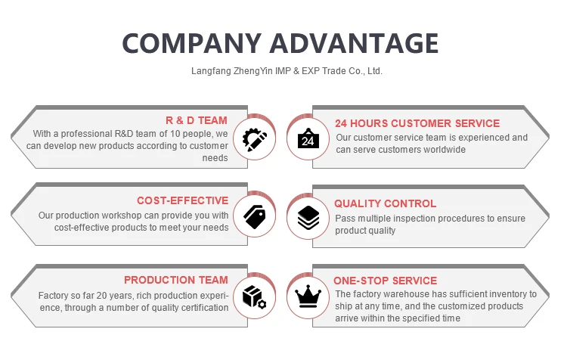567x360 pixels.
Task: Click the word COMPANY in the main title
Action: coord(190,42)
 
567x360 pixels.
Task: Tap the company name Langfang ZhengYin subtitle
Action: coord(287,72)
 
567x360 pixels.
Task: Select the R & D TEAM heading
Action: coord(197,120)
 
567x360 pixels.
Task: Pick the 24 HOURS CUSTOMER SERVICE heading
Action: coord(417,123)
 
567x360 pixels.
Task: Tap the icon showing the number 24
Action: coord(308,139)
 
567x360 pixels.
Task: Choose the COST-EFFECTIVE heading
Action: coord(182,200)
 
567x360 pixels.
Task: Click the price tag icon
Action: coord(255,217)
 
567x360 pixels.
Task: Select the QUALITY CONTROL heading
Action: coord(385,203)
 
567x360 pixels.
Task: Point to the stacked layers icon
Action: coord(308,218)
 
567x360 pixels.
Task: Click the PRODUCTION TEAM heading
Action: coord(176,281)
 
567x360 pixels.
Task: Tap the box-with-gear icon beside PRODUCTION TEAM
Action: coord(255,296)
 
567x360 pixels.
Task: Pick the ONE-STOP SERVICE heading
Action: coord(386,281)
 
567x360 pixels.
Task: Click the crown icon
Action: coord(308,296)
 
